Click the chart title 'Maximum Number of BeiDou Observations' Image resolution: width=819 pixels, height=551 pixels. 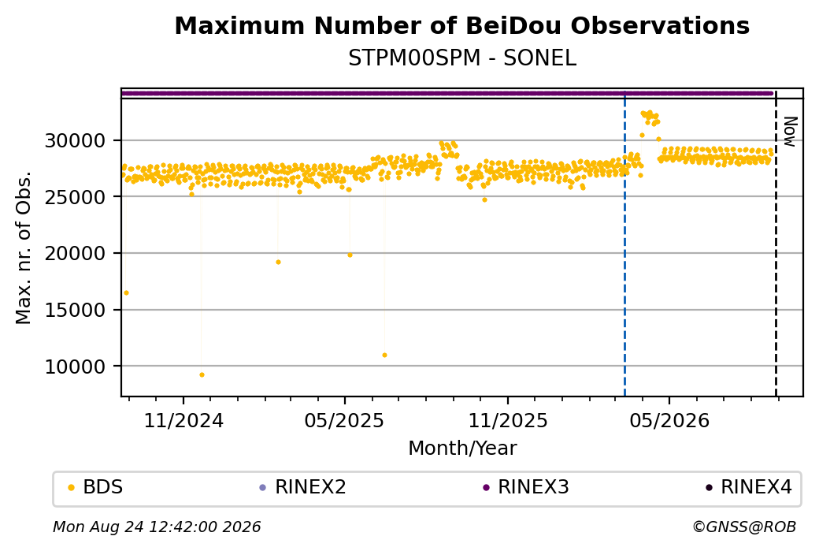click(x=461, y=25)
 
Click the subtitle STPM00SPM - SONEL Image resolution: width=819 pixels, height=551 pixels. click(x=462, y=58)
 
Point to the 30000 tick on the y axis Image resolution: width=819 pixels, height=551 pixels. click(x=76, y=140)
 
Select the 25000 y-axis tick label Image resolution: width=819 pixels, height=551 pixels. click(x=76, y=197)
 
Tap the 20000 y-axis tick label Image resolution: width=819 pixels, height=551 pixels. click(x=76, y=254)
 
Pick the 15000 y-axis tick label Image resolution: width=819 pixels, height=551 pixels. click(x=76, y=310)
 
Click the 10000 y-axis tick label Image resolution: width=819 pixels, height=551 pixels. click(x=76, y=367)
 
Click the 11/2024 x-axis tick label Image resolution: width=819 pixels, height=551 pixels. click(x=183, y=421)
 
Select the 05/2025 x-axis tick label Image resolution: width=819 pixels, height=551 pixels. click(x=344, y=421)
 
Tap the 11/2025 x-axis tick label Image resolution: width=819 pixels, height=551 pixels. click(x=508, y=421)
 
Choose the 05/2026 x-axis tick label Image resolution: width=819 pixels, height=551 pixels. click(x=669, y=421)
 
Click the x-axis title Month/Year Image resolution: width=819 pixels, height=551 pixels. click(x=462, y=449)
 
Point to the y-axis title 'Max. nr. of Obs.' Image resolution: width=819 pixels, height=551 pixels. click(x=24, y=248)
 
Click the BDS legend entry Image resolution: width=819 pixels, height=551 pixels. click(x=96, y=487)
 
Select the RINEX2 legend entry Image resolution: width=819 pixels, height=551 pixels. click(x=303, y=487)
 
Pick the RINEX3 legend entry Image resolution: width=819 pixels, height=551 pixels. click(x=526, y=487)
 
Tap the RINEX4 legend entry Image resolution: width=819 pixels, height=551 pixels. click(x=749, y=487)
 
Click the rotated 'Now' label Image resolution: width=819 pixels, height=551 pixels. click(x=791, y=132)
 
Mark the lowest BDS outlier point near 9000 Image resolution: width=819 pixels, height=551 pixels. click(x=202, y=375)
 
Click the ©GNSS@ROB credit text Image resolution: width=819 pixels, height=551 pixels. click(x=744, y=527)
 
